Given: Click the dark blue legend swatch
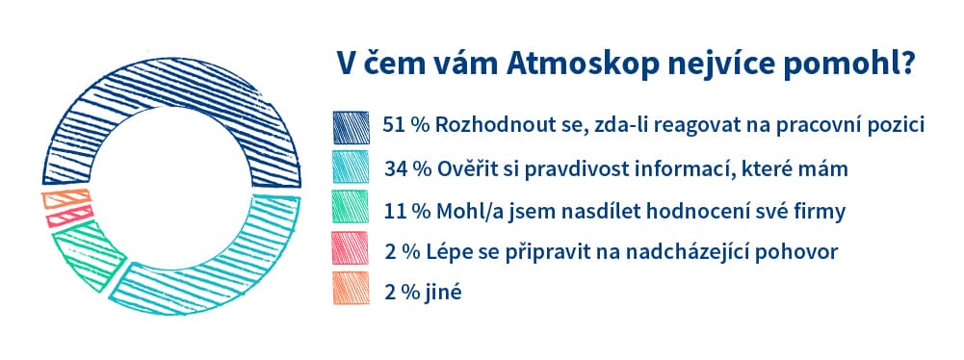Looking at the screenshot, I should tap(349, 127).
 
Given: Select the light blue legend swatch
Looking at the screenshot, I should tap(349, 168).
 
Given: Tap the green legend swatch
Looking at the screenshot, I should tap(349, 210).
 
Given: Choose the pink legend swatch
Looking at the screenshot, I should tap(349, 250).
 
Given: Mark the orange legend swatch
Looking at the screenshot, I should tap(349, 291).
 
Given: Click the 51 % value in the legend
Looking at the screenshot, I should tap(405, 127).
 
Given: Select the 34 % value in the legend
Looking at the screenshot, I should tap(405, 168).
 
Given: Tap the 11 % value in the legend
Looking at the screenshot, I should tap(405, 210).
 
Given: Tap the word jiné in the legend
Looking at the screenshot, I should tap(444, 292).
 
